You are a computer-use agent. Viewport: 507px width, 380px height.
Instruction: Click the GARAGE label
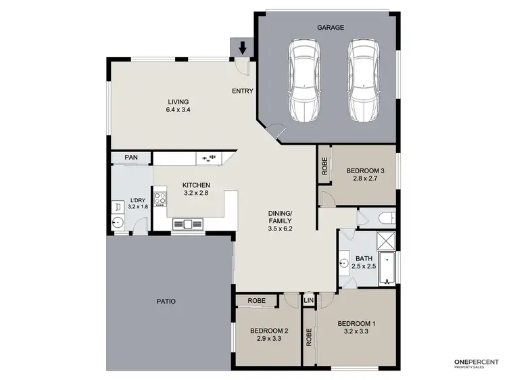[331, 28]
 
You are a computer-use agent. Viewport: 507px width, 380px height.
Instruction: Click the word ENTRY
[242, 91]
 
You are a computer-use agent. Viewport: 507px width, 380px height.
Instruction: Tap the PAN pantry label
[131, 158]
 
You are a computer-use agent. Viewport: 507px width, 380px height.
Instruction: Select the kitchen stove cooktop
[161, 199]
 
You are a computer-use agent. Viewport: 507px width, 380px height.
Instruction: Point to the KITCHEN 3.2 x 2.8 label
[196, 189]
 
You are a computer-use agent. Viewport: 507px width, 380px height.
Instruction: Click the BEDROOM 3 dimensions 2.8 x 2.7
[366, 181]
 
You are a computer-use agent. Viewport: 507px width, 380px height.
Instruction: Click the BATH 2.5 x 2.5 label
[364, 262]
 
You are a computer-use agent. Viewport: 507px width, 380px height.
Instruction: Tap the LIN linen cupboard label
[309, 300]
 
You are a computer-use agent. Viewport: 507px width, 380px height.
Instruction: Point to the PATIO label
[166, 302]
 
